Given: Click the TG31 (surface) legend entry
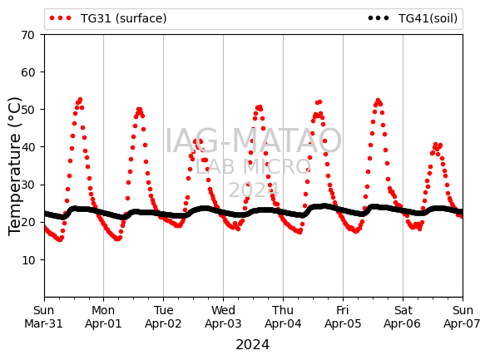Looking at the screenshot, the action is click(108, 18).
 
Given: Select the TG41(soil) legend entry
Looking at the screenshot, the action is click(413, 18).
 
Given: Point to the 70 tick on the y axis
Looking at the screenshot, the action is click(27, 35).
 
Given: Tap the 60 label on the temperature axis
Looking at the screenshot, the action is click(27, 72).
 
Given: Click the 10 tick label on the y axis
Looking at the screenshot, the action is click(27, 260).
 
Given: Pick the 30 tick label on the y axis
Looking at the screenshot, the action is click(27, 185).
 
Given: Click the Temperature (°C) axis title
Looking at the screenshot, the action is click(14, 166).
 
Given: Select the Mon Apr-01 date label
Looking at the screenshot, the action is click(103, 317).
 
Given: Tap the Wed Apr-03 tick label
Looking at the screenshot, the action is click(223, 317).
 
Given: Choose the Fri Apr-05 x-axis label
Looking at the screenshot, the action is click(343, 317).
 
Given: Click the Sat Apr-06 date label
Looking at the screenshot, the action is click(403, 317).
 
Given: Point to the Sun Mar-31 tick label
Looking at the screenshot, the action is click(44, 317).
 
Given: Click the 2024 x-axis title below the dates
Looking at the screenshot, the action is click(253, 345).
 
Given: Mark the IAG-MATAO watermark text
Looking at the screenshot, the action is click(253, 141).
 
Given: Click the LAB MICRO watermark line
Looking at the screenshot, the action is click(253, 167).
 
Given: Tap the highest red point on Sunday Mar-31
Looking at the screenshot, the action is click(81, 100).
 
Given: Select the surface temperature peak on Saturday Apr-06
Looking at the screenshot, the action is click(436, 145).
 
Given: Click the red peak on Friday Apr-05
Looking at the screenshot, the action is click(379, 101).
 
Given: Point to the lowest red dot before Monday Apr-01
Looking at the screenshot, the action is click(60, 239).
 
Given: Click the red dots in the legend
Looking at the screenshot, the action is click(60, 18).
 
